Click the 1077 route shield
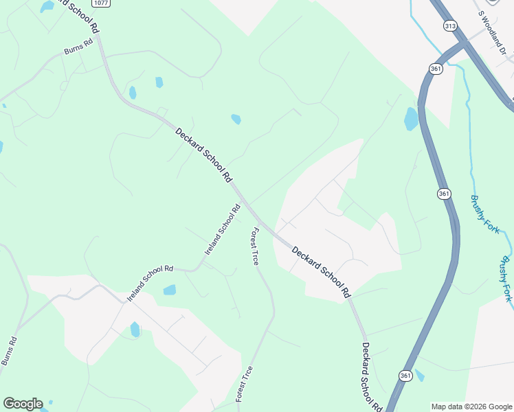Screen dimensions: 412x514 [101, 3]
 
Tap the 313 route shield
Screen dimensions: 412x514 [450, 26]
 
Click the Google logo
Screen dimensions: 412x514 [23, 404]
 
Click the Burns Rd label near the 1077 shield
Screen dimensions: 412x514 [78, 47]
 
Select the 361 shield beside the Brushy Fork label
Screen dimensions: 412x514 [444, 194]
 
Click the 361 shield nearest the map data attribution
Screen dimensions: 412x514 [405, 375]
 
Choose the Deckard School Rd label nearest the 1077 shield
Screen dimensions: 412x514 [203, 155]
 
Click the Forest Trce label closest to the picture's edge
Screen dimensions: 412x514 [244, 384]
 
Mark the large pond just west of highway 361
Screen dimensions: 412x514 [411, 119]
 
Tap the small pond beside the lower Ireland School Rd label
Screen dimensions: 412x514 [169, 290]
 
